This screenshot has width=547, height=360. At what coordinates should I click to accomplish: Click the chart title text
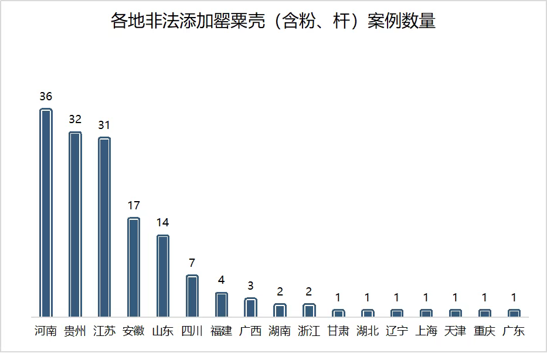tap(273, 21)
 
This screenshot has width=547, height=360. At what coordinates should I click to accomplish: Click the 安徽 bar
tap(134, 267)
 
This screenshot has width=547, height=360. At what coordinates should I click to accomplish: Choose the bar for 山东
tap(163, 276)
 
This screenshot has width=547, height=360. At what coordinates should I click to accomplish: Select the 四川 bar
tap(192, 296)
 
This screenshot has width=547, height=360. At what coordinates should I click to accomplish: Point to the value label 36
tap(46, 97)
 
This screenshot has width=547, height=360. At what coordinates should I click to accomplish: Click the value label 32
tap(75, 119)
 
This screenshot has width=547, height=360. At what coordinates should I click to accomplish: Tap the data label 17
tap(134, 205)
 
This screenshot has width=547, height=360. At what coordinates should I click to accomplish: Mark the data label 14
tap(163, 223)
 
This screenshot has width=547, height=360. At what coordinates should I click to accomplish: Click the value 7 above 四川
tap(192, 263)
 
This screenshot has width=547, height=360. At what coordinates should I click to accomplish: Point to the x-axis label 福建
tap(222, 331)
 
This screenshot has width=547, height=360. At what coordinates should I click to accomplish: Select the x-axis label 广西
tap(251, 331)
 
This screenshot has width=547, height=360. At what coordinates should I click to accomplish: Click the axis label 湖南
tap(280, 331)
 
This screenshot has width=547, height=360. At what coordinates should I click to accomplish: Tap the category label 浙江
tap(309, 331)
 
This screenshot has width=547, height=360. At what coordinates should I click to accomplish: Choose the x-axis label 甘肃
tap(338, 331)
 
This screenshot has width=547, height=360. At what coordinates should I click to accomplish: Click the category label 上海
tap(426, 331)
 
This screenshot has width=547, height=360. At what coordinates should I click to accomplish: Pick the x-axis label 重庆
tap(485, 331)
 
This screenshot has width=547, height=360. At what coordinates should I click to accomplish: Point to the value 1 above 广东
tap(514, 298)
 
